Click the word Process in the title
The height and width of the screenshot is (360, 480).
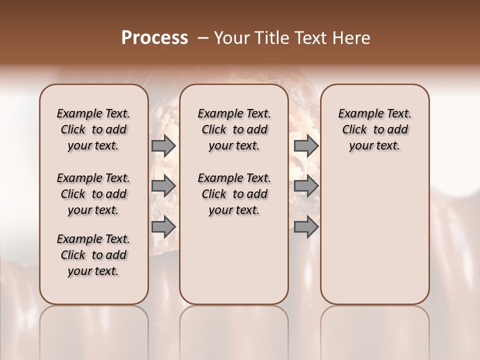154,38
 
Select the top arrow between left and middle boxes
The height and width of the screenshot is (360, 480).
163,146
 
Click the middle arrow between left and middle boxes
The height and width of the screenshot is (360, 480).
163,186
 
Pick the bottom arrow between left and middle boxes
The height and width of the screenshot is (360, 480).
163,227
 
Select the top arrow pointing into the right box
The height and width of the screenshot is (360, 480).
306,146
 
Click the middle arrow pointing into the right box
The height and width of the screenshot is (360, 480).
306,186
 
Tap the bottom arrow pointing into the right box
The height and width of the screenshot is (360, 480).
306,227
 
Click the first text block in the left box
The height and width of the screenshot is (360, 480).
93,129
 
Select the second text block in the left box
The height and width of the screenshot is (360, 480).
93,194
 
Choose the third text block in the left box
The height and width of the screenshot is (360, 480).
93,255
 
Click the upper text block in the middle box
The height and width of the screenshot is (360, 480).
234,129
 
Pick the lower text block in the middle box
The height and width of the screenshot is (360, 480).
234,194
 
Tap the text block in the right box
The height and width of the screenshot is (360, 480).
374,129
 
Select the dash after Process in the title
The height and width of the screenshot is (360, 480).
203,38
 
